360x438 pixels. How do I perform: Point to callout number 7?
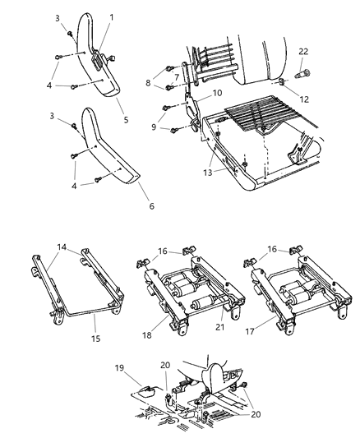coord(176,77)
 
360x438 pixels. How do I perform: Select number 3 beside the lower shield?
coord(54,117)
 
